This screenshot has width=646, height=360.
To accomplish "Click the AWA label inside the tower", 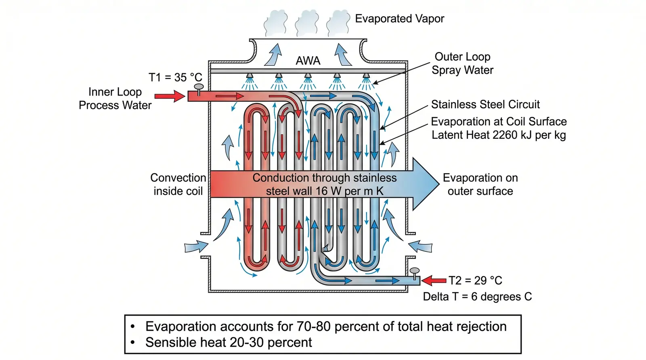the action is (x=308, y=61).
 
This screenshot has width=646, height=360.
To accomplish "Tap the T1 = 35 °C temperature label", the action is (x=175, y=77).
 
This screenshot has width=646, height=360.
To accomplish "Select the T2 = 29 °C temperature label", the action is (x=475, y=280).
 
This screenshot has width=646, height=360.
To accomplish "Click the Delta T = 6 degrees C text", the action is (x=477, y=297).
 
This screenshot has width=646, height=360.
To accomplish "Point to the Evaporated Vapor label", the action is (x=399, y=19).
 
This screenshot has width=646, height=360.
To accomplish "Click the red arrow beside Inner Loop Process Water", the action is (x=170, y=96).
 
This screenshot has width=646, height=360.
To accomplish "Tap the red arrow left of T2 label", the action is (x=434, y=280).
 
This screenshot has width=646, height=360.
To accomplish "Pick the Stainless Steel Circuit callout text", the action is (x=485, y=105).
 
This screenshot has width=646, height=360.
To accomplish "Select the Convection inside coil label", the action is (x=178, y=184).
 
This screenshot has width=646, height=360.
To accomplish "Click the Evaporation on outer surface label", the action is (x=480, y=184).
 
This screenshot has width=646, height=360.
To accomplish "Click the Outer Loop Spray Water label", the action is (x=462, y=63).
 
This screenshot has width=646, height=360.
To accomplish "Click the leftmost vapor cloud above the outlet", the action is (x=276, y=23).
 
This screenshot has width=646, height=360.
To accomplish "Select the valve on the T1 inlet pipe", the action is (x=199, y=89).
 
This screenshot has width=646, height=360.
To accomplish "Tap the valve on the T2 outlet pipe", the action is (x=414, y=274).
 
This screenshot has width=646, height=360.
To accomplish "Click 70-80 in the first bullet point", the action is (x=313, y=326).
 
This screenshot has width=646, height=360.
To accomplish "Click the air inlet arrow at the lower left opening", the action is (x=196, y=247).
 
